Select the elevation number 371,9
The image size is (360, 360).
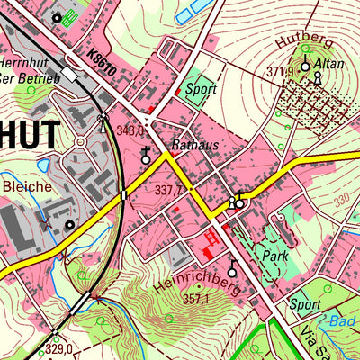(x=281, y=71)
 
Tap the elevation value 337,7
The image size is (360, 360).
(x=168, y=191)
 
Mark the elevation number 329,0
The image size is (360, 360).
(x=58, y=347)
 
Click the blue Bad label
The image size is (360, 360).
(x=345, y=320)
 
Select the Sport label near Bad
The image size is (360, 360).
(x=305, y=305)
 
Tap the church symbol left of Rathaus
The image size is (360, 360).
(x=147, y=157)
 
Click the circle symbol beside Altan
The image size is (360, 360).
(x=304, y=66)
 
